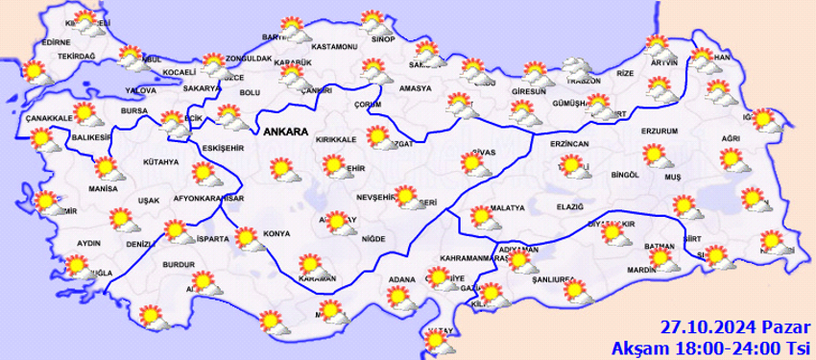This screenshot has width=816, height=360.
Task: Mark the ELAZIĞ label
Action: coord(569,206)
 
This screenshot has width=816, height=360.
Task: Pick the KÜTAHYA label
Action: coord(160,161)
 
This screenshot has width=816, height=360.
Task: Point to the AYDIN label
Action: coord(88,244)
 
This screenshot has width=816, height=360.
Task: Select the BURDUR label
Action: coord(179,263)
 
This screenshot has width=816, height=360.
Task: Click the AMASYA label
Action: coord(417,88)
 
